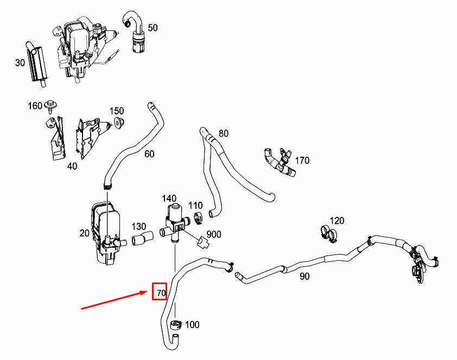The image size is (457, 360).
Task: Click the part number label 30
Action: click(20, 62)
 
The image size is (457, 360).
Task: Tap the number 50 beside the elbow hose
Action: click(153, 28)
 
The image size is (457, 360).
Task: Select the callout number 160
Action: click(35, 106)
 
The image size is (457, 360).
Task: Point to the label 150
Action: click(117, 111)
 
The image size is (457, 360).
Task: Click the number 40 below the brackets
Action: click(72, 166)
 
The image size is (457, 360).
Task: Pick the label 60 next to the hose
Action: click(149, 153)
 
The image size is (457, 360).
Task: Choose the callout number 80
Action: click(224, 133)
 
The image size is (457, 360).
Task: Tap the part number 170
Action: click(302, 160)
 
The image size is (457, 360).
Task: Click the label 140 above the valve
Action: click(169, 198)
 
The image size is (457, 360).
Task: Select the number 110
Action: click(195, 205)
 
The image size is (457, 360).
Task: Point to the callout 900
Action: click(214, 234)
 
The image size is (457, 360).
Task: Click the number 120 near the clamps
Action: click(337, 221)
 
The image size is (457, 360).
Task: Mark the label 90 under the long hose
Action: click(304, 276)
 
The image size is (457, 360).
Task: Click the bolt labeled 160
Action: click(51, 106)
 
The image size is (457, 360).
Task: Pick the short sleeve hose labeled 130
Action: click(143, 238)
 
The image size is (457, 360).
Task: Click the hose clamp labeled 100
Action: click(175, 325)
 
